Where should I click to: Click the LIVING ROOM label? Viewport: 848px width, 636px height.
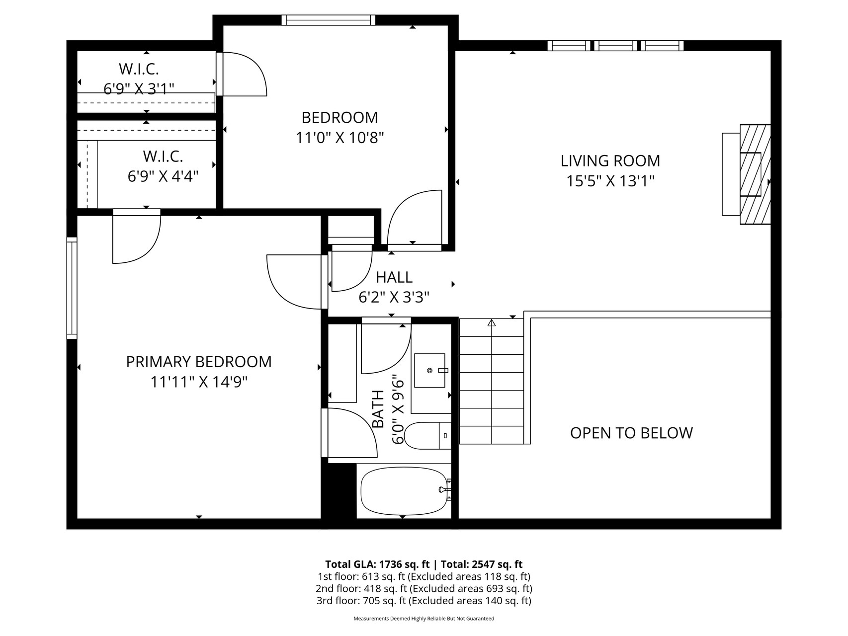pos(610,160)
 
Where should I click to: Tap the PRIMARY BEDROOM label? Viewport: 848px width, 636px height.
pos(199,362)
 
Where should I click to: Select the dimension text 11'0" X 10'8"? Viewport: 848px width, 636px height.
pos(340,137)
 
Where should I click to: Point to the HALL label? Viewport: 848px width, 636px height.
pos(394,277)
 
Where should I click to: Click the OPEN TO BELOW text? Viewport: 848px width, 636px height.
pos(631,433)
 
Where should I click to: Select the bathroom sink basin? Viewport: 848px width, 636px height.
pos(430,370)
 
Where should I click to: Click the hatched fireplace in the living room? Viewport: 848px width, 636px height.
pos(755,174)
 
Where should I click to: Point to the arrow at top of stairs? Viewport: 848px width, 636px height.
pos(492,323)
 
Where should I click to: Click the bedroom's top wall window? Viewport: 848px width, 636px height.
pos(328,20)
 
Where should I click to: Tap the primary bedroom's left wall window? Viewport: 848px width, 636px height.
pos(72,288)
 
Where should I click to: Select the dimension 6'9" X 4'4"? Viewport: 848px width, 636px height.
pos(163,176)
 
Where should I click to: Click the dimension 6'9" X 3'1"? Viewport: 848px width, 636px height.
pos(139,88)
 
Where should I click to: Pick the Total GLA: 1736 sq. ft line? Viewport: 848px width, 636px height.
pos(377,564)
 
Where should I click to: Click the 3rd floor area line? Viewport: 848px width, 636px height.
pos(424,601)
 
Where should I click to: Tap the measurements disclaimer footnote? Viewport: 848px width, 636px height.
pos(424,619)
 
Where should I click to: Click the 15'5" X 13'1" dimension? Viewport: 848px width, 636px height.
pos(610,181)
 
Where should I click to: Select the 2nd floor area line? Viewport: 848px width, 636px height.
pos(424,589)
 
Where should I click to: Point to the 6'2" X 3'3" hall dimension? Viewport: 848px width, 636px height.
pos(394,297)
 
